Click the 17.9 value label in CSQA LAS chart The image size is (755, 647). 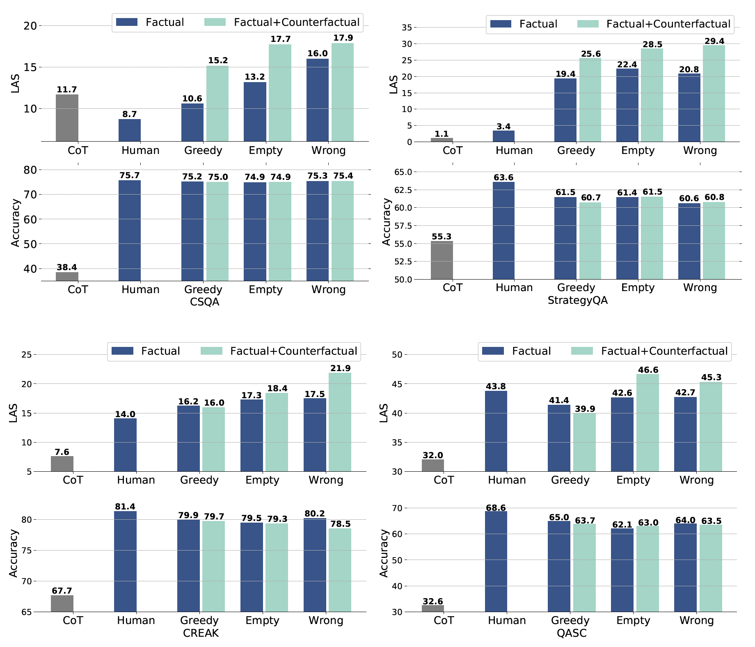coord(343,38)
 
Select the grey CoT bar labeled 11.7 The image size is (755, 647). coord(67,118)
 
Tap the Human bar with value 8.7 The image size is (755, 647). coord(130,130)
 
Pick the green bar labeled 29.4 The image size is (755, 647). coord(714,94)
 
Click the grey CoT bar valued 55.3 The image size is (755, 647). coord(442,260)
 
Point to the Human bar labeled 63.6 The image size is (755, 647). coord(503,231)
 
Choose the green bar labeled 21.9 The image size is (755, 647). coord(340,422)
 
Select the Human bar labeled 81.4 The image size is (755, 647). coord(125,561)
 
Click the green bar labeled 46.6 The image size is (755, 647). coord(647,422)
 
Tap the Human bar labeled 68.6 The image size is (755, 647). coord(496,561)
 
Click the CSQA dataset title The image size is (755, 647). coord(204,303)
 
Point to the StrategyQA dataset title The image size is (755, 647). coord(577,301)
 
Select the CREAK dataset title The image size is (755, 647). coord(201,633)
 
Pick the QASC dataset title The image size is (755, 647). coord(572,633)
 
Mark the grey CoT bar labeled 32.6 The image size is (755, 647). coord(433,608)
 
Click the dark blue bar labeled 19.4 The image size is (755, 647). coord(565,110)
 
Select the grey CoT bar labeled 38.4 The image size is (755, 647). coord(67,276)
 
